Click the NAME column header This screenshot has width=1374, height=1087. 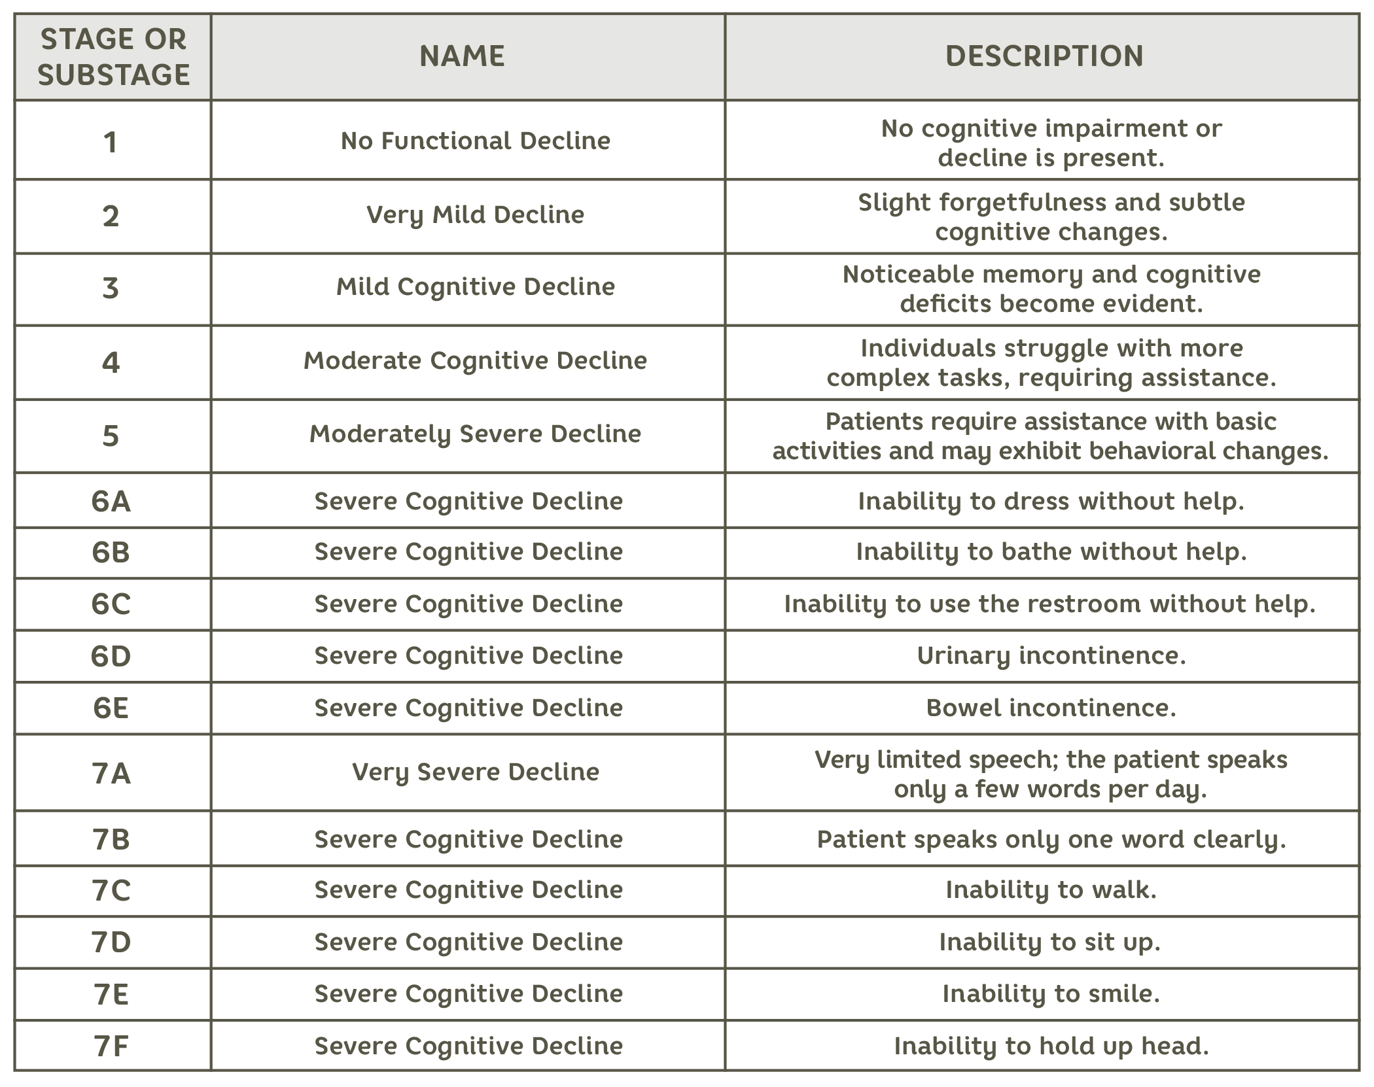pyautogui.click(x=462, y=56)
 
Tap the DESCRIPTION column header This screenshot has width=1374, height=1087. pyautogui.click(x=1044, y=56)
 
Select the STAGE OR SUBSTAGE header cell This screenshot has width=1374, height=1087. pyautogui.click(x=113, y=57)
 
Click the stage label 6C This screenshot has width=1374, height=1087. pyautogui.click(x=111, y=604)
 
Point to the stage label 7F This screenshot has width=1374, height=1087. pyautogui.click(x=111, y=1046)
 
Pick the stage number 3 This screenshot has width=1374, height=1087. pyautogui.click(x=111, y=288)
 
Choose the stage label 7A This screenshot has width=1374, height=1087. pyautogui.click(x=111, y=774)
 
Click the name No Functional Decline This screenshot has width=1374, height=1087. pyautogui.click(x=475, y=141)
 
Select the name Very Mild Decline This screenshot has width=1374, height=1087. pyautogui.click(x=475, y=215)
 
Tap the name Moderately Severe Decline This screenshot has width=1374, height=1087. pyautogui.click(x=475, y=434)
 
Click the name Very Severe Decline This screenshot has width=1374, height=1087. pyautogui.click(x=475, y=772)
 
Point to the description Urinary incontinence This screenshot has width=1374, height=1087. pyautogui.click(x=1051, y=655)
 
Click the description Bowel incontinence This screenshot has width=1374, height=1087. pyautogui.click(x=1051, y=708)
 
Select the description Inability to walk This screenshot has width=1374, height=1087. pyautogui.click(x=1051, y=889)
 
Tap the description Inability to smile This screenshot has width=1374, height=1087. pyautogui.click(x=1051, y=993)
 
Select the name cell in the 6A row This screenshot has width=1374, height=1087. pyautogui.click(x=468, y=501)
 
